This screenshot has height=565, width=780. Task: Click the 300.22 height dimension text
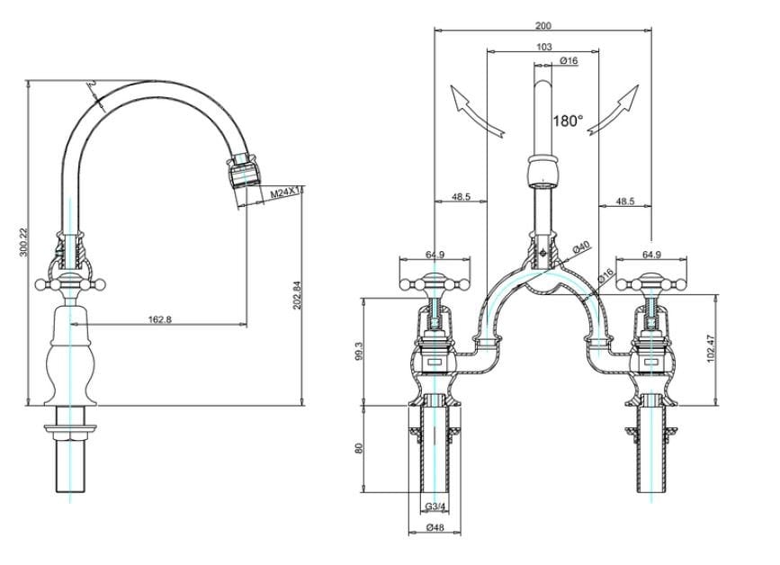[x=23, y=243]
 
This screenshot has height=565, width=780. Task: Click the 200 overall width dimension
[x=542, y=26]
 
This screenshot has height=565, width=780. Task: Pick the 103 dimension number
[x=543, y=47]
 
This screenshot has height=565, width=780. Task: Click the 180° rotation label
[x=568, y=121]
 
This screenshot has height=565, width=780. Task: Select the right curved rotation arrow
[x=616, y=109]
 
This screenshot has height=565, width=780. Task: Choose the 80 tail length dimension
[x=359, y=448]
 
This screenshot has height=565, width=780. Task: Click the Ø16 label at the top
[x=568, y=60]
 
